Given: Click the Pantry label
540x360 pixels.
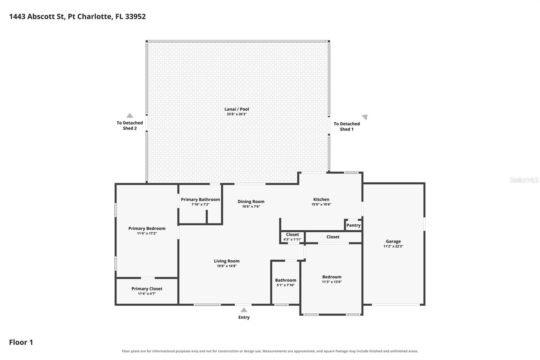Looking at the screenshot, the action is pyautogui.click(x=353, y=225).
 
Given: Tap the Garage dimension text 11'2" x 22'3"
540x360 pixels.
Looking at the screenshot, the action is pyautogui.click(x=393, y=246).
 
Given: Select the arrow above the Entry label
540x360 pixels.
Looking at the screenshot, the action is pyautogui.click(x=244, y=310).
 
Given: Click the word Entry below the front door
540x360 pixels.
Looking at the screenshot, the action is pyautogui.click(x=244, y=317).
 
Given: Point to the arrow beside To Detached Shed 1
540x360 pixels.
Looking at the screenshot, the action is pyautogui.click(x=365, y=117).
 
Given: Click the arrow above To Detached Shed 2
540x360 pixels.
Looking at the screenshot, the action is pyautogui.click(x=130, y=115).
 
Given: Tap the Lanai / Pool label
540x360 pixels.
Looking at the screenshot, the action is pyautogui.click(x=237, y=109).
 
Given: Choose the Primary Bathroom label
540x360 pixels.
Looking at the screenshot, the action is pyautogui.click(x=200, y=200).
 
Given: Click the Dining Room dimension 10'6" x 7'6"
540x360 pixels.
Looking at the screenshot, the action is pyautogui.click(x=251, y=207).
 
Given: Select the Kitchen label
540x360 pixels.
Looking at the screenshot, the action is pyautogui.click(x=321, y=199).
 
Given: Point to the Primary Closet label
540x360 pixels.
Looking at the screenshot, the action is pyautogui.click(x=147, y=289).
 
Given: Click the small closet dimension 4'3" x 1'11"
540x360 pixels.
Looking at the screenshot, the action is pyautogui.click(x=292, y=239).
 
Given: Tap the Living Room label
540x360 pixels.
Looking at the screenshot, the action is pyautogui.click(x=227, y=261).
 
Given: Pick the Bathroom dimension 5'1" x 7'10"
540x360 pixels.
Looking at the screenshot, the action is pyautogui.click(x=286, y=285).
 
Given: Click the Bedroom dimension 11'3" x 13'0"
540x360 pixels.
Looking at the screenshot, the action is pyautogui.click(x=332, y=282).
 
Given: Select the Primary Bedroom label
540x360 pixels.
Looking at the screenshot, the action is pyautogui.click(x=147, y=229).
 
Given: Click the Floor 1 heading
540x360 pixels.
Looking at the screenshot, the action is pyautogui.click(x=21, y=342).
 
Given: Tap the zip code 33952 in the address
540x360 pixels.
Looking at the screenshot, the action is pyautogui.click(x=135, y=17).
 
